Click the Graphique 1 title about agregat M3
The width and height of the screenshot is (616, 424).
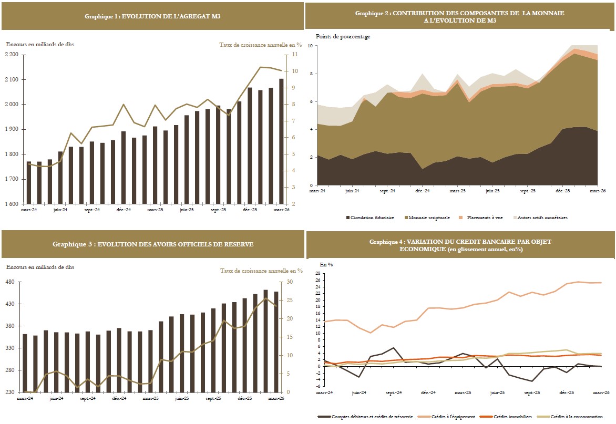point(152,16)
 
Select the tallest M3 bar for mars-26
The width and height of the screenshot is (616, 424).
point(281,141)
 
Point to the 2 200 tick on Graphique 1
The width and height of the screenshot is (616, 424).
point(12,54)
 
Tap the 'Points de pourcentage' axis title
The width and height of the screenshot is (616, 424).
point(343,36)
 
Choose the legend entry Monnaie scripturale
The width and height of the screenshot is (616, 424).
point(427,218)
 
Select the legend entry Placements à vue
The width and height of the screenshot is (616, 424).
point(481,218)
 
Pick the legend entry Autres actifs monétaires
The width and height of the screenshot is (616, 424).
point(540,218)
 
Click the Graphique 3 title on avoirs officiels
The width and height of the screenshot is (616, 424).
point(153,244)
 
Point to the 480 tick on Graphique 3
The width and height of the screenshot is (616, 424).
point(10,282)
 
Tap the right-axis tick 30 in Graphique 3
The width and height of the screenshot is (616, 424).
point(290,282)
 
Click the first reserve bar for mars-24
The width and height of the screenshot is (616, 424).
point(25,363)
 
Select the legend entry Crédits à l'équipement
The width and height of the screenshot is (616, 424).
point(447,417)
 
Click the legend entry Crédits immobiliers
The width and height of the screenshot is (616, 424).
point(506,417)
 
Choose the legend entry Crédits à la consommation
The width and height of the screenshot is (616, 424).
point(570,417)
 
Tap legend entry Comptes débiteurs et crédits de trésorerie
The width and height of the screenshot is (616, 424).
point(365,417)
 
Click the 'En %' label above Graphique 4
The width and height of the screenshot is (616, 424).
point(326,265)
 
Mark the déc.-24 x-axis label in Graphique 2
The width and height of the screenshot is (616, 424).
point(423,191)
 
